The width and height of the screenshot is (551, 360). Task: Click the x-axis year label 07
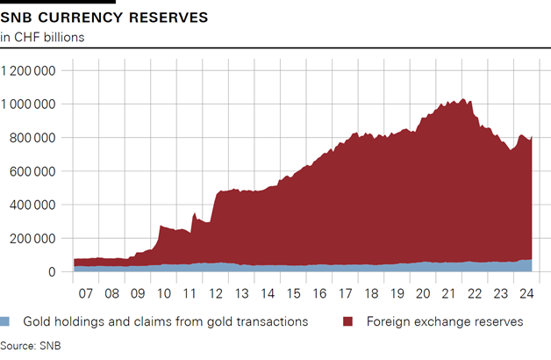point(86,293)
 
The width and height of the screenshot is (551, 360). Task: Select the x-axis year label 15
point(291,293)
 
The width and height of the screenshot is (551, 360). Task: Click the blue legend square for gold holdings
point(7,321)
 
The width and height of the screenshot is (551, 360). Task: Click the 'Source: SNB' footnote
point(30,345)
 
